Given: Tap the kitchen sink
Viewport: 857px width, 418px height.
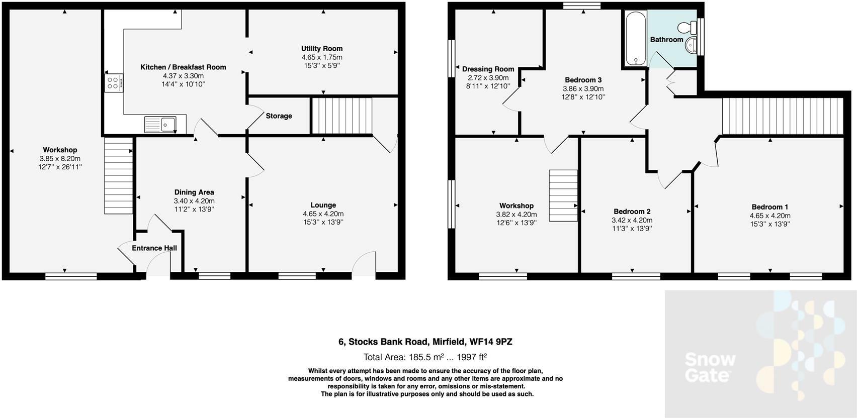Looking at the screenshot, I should [160, 124].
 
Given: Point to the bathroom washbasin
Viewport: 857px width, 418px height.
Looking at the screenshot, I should [692, 46].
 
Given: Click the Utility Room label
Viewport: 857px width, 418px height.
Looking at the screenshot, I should [322, 49].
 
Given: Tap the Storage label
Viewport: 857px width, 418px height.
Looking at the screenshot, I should [279, 116].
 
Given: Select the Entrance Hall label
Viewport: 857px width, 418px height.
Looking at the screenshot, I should [154, 248].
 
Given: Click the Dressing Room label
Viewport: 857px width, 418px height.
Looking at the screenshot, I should [488, 69].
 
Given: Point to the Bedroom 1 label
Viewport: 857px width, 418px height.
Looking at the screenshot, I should [769, 207].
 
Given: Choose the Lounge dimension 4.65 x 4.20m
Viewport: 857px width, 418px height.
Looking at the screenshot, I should [323, 214].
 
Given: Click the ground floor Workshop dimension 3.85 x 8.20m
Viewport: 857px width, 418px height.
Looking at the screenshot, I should [60, 158].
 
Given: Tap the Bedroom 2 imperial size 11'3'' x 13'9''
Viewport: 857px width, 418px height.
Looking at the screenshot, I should [632, 229].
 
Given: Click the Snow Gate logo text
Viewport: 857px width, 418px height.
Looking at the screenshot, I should [710, 367].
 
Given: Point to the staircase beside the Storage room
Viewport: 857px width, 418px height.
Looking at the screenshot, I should [341, 116].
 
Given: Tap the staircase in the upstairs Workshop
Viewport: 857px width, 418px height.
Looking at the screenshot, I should [563, 195].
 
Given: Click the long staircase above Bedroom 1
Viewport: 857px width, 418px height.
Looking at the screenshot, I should [782, 117].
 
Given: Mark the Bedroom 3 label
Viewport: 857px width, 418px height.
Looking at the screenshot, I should [583, 80].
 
